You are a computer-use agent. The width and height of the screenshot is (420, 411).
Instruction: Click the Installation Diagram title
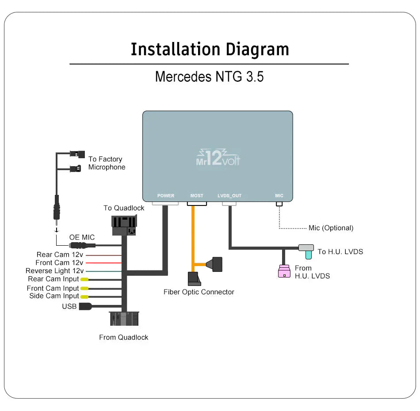coord(210,49)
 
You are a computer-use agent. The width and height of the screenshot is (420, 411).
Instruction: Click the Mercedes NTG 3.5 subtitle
coord(209,76)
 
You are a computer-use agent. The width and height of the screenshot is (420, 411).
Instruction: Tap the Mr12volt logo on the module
coord(218,158)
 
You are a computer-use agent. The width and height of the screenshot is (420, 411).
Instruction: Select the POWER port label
coord(166,196)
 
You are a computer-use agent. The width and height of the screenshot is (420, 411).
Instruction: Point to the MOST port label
coord(197,196)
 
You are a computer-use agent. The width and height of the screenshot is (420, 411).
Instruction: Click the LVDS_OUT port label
coord(229,196)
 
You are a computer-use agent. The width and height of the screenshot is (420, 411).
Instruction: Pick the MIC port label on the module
coord(279,196)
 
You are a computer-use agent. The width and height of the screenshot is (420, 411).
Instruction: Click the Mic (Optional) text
coord(331,228)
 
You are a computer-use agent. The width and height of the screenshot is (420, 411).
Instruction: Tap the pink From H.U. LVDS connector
coord(284,271)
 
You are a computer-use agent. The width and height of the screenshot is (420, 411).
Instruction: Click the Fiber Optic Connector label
coord(199,292)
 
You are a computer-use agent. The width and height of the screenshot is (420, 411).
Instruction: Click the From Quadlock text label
coord(123,337)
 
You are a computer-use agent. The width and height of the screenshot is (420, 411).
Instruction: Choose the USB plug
coord(85,306)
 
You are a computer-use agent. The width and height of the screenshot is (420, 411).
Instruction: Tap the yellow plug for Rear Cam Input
coord(84,279)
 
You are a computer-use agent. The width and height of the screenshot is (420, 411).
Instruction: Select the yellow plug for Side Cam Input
coord(84,297)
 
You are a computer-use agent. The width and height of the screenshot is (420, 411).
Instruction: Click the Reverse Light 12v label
coord(54,271)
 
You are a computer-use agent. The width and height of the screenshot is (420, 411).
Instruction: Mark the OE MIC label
coord(82,238)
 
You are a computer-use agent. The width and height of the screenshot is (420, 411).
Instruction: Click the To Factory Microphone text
coord(107,163)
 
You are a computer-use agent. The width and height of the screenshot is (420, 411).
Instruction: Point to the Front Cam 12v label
coord(59,263)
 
